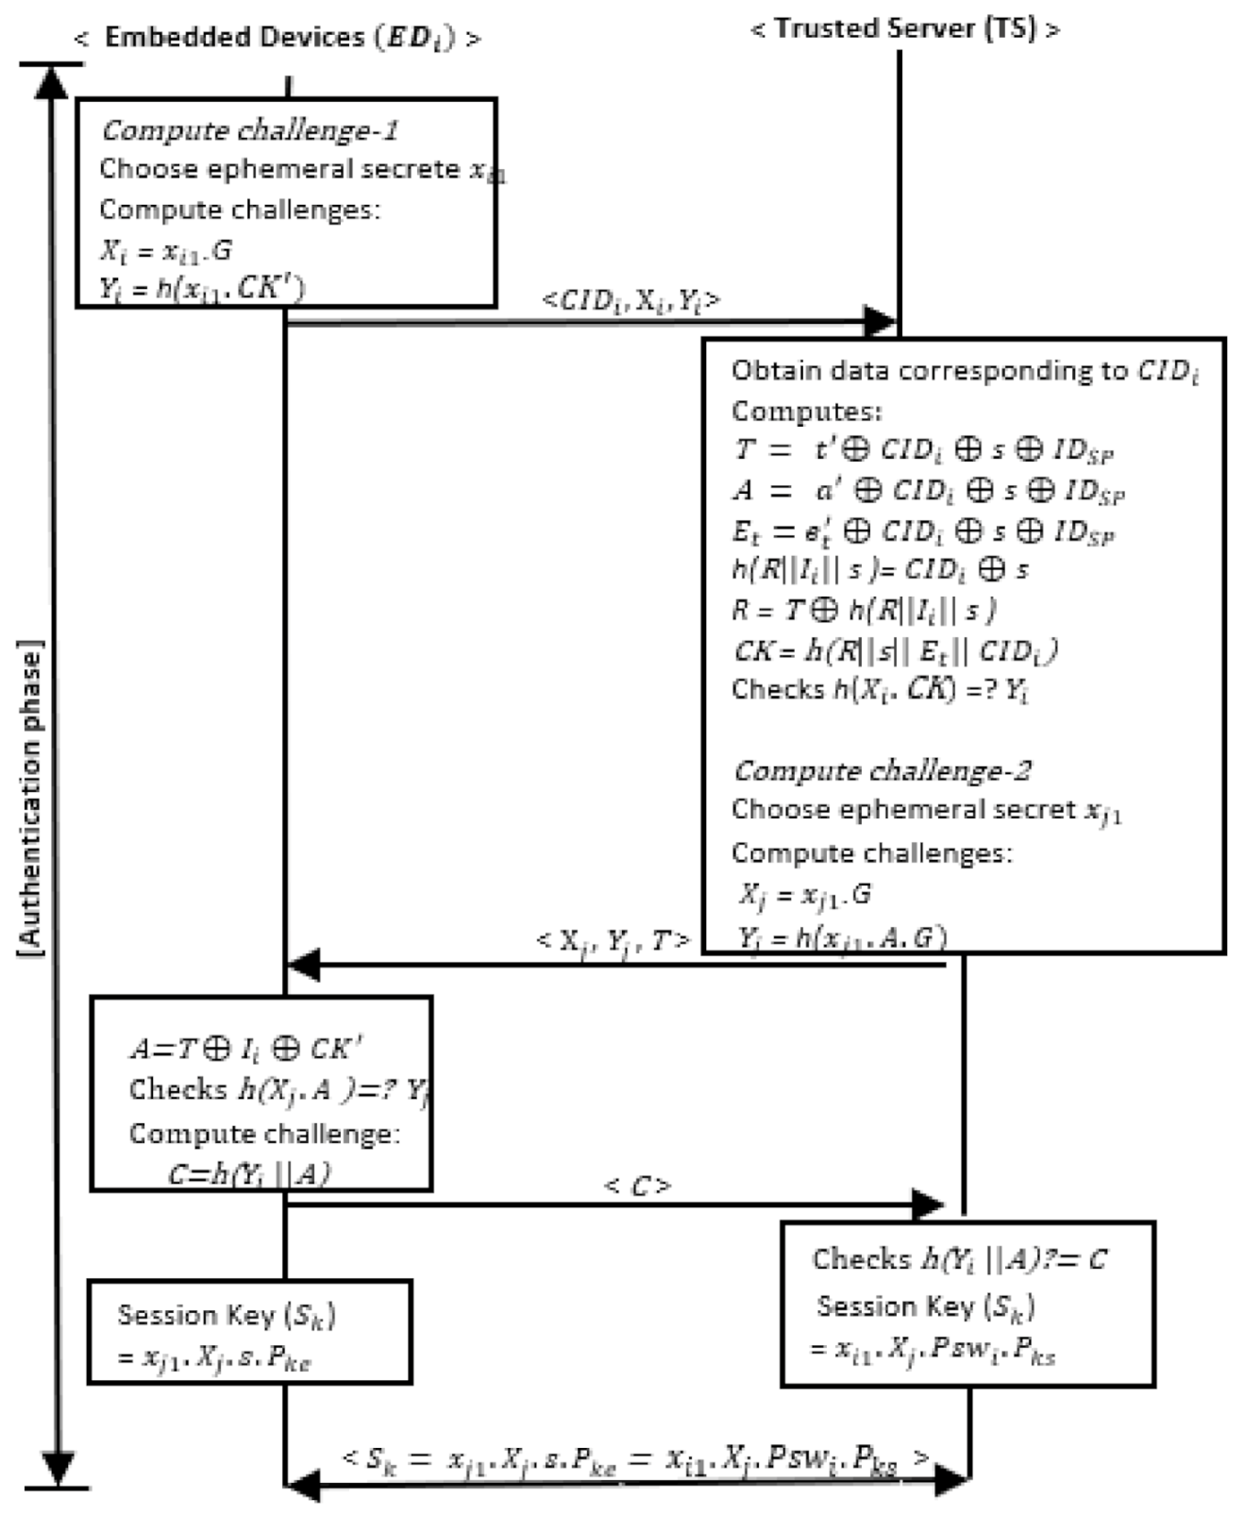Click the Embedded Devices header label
pos(277,38)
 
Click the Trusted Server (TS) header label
pos(904,28)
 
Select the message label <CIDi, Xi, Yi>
pos(630,300)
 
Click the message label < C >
pos(637,1186)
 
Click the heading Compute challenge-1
pos(249,129)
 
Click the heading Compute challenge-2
pos(882,770)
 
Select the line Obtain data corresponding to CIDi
pos(964,371)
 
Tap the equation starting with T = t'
pos(923,450)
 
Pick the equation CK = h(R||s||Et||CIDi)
pos(895,650)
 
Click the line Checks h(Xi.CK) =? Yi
pos(880,690)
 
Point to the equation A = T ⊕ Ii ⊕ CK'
pos(245,1049)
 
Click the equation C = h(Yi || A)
pos(249,1173)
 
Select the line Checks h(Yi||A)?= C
pos(959,1259)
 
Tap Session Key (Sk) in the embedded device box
pos(227,1315)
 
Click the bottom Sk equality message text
pos(634,1459)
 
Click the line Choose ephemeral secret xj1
pos(926,811)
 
